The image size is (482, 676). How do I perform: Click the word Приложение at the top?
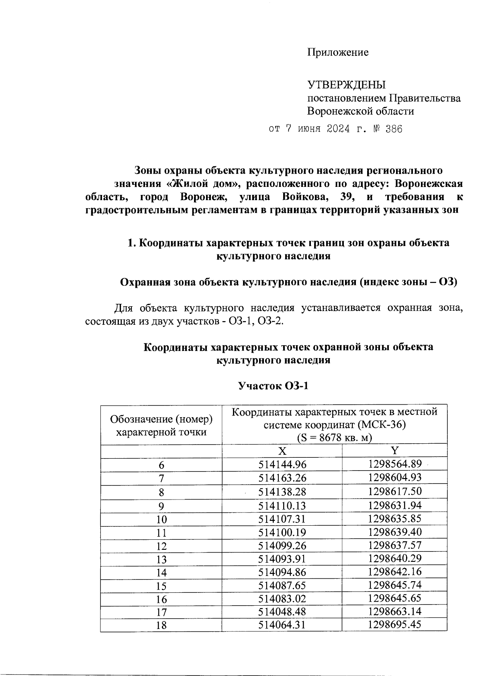(337, 52)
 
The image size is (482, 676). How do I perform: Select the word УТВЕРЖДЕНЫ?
(346, 85)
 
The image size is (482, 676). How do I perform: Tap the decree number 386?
(393, 129)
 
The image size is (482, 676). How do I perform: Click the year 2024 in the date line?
(337, 129)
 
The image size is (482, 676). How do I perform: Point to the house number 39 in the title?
(346, 197)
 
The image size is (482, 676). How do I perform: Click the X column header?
(282, 450)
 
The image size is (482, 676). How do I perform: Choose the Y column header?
(395, 450)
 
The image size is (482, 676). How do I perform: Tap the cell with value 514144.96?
(282, 465)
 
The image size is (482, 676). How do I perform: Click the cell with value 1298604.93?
(395, 478)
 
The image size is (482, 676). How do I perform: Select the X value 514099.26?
(282, 545)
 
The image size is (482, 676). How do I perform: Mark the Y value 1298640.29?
(395, 558)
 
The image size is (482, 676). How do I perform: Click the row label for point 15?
(161, 586)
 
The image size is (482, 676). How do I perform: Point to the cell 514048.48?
(282, 612)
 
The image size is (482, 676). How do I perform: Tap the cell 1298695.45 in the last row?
(395, 625)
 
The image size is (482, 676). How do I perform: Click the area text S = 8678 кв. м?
(335, 437)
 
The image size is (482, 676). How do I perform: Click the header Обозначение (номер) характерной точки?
(161, 426)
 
